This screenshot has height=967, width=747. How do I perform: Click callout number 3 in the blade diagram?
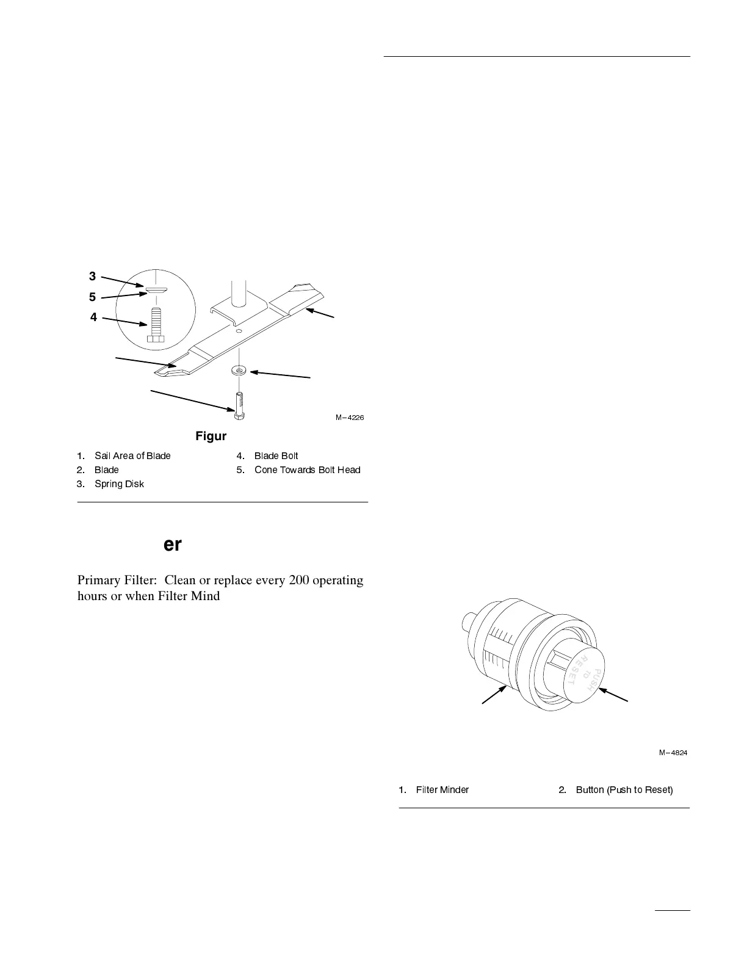pos(92,277)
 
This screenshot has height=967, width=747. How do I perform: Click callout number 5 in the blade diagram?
pos(92,297)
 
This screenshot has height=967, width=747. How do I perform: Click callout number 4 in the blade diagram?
pos(93,317)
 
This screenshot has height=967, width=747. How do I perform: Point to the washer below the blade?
pos(238,370)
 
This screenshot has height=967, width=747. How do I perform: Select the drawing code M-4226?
pos(349,418)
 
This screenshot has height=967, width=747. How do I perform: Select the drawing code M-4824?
pos(673,753)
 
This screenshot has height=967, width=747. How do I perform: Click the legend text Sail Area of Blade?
pos(132,456)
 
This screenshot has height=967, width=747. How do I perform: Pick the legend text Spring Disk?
pos(119,484)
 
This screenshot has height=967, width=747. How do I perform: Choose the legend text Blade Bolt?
pos(276,456)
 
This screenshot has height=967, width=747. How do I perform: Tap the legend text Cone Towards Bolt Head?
pos(307,470)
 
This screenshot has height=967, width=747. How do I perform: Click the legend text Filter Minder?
pos(442,790)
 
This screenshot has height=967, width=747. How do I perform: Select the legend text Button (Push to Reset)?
pos(624,790)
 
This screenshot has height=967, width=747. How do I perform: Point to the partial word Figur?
pos(211,436)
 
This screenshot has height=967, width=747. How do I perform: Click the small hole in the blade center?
pos(239,331)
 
